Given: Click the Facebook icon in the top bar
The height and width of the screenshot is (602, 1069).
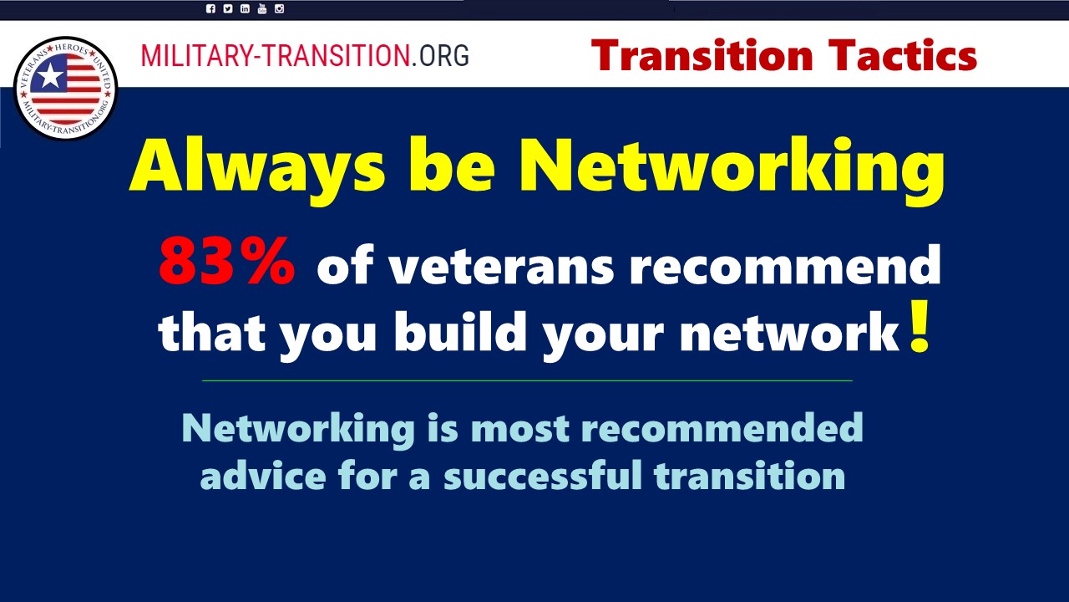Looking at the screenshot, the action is point(210,8).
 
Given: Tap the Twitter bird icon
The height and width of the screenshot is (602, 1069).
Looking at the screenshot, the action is point(228,8).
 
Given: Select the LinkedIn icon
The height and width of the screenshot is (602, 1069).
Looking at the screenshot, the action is point(245,8).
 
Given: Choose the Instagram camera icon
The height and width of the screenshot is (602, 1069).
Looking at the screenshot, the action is point(279,8).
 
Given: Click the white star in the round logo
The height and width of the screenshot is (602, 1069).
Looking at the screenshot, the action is point(49,76).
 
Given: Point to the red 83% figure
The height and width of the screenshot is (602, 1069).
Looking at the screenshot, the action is point(226,262).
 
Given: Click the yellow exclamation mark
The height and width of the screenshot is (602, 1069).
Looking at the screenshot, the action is point(920,327).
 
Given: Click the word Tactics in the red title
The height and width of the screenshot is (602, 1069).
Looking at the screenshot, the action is point(903,55).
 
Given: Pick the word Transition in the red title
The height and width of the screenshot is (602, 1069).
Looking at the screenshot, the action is point(702,55).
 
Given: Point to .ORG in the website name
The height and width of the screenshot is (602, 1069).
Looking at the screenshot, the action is point(440,55).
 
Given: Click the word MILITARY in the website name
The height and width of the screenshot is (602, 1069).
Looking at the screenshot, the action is point(196,55).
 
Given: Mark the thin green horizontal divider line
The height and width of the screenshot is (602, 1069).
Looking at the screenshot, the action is point(527,380).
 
